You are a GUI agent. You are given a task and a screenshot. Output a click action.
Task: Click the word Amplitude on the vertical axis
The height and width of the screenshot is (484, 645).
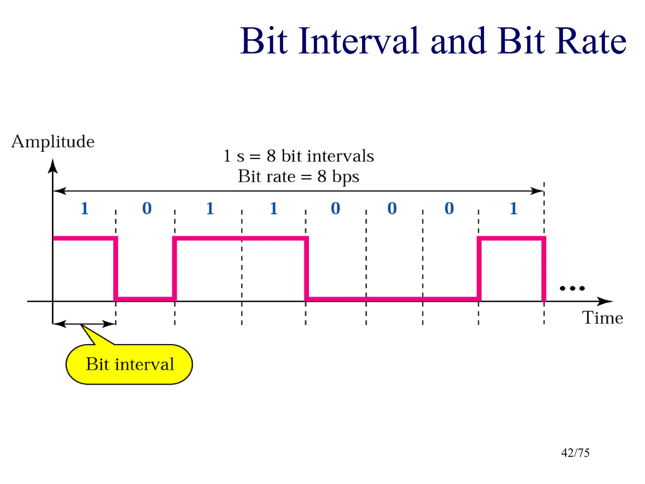pos(53,141)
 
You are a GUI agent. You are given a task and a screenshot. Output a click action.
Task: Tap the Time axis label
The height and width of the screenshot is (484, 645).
pos(602,318)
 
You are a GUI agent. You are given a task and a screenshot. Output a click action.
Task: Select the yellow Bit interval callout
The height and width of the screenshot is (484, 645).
pos(129,364)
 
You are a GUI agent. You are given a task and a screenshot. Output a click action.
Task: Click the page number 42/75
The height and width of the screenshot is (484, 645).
pos(575,453)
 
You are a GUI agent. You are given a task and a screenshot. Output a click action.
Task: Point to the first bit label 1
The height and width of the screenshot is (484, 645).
pos(84,208)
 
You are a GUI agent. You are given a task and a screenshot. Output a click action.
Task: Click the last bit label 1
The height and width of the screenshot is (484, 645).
pos(513,208)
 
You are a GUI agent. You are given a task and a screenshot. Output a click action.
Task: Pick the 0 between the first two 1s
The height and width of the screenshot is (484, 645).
pos(147,208)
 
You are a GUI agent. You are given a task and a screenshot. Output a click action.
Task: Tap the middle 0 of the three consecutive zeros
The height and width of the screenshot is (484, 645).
pos(392,208)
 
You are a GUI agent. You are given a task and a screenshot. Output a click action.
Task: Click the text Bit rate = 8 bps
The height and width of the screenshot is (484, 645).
pos(298,176)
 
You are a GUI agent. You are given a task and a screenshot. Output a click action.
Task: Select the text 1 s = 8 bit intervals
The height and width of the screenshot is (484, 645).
pos(298,156)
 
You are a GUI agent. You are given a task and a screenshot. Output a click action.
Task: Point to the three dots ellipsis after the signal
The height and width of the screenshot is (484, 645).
pos(572,288)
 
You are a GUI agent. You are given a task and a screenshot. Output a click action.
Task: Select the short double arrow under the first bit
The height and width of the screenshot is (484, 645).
pos(84,324)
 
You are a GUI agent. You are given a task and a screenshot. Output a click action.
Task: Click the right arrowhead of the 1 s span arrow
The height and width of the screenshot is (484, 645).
pos(537,191)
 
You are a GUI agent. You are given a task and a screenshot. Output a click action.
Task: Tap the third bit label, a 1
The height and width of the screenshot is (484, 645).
pos(210,208)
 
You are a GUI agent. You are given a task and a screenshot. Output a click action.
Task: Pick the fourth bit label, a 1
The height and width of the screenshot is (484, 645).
pos(273,208)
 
